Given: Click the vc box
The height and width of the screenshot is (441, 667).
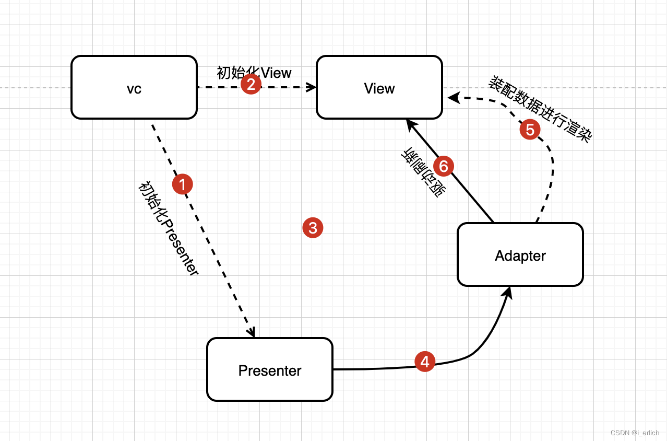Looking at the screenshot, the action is point(134,87).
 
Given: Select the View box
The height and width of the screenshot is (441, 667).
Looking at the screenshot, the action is point(379,87).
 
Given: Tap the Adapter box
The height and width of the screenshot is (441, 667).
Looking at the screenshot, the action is point(520,254).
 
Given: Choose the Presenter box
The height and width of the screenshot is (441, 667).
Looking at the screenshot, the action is point(270,369).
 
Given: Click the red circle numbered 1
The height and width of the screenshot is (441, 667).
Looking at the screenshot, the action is point(183,184).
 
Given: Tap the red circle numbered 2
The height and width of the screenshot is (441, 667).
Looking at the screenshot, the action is point(251,84).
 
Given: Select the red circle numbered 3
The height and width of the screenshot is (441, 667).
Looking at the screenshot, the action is point(313,228).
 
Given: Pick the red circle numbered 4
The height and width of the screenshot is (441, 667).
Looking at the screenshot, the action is point(425,362).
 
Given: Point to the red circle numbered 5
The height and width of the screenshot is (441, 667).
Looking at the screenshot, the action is point(530,130).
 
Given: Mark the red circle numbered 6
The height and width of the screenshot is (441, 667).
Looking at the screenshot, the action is point(444,166).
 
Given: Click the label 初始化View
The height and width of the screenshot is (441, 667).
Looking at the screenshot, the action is point(254,73).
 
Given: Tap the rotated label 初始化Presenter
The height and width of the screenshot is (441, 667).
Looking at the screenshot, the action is point(169,228).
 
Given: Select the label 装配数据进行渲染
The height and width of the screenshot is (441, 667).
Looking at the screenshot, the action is point(540,109).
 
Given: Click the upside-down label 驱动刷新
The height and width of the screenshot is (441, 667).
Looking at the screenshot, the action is point(423,172).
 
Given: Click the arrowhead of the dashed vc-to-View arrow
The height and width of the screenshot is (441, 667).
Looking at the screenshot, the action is point(311,87).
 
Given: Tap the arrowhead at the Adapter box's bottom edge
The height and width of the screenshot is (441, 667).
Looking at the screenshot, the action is point(507,293).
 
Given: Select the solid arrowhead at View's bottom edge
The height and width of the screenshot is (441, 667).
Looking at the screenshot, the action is point(411,125).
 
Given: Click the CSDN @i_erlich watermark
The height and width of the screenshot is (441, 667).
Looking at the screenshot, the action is point(635,433).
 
